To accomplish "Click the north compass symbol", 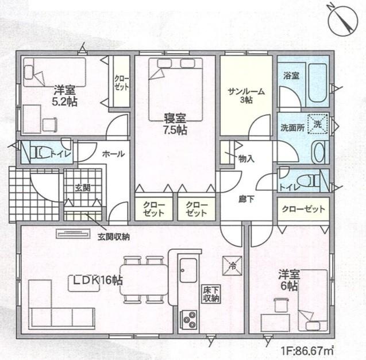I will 344,22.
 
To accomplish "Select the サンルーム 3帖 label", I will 246,95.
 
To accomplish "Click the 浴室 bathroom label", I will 291,75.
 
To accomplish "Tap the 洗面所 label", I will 292,127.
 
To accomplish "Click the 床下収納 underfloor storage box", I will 211,293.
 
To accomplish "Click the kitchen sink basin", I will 188,270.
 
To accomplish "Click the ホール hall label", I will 114,154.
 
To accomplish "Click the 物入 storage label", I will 245,158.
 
